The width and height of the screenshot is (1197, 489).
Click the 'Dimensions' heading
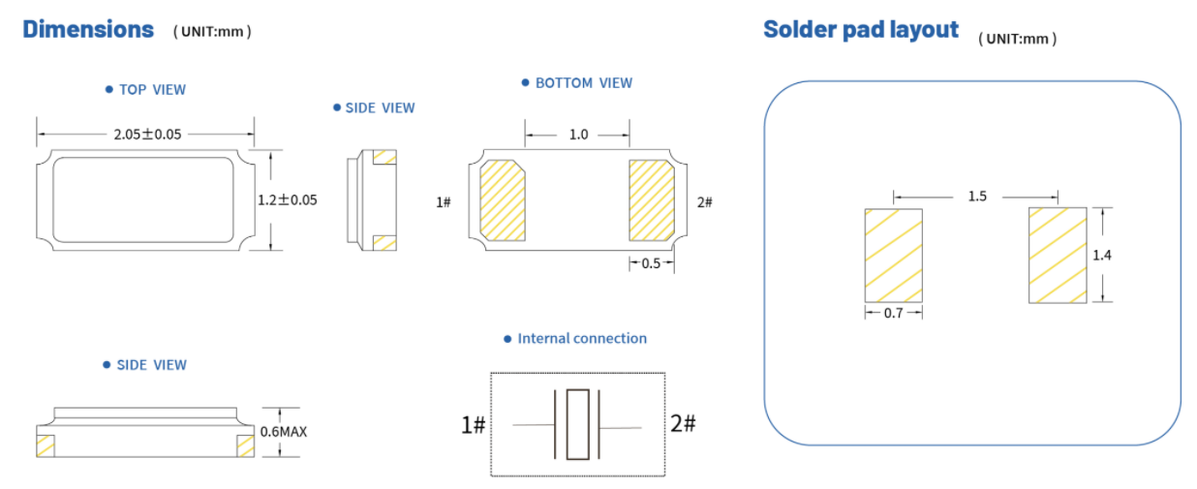click(x=88, y=29)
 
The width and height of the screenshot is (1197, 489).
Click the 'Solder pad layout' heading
click(x=860, y=29)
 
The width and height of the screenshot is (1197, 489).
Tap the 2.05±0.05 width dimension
click(x=147, y=134)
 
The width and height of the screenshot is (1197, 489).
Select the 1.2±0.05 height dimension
click(x=288, y=200)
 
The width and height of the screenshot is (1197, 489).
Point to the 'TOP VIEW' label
click(x=152, y=89)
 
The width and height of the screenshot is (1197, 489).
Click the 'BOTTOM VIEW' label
click(x=583, y=83)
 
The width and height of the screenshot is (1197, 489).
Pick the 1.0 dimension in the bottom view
click(x=578, y=135)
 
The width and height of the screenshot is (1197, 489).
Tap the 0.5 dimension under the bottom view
click(x=651, y=263)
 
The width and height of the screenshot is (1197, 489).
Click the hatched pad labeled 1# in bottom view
click(x=503, y=200)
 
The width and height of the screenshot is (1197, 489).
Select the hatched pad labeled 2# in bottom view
click(x=652, y=200)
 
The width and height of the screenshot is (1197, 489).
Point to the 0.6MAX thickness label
click(x=284, y=431)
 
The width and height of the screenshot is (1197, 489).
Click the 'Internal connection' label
click(x=582, y=339)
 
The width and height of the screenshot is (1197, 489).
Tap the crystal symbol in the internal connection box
click(x=577, y=424)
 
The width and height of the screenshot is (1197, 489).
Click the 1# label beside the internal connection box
click(x=473, y=424)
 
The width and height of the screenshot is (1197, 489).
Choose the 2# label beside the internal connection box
click(x=684, y=423)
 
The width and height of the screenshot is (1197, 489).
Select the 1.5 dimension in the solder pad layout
click(x=977, y=197)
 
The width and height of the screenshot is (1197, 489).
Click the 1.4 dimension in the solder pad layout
click(x=1101, y=255)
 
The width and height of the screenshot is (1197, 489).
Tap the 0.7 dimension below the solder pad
click(x=893, y=314)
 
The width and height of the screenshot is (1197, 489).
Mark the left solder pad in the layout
click(x=893, y=256)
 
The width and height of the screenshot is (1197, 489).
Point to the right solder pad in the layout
click(x=1057, y=255)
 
